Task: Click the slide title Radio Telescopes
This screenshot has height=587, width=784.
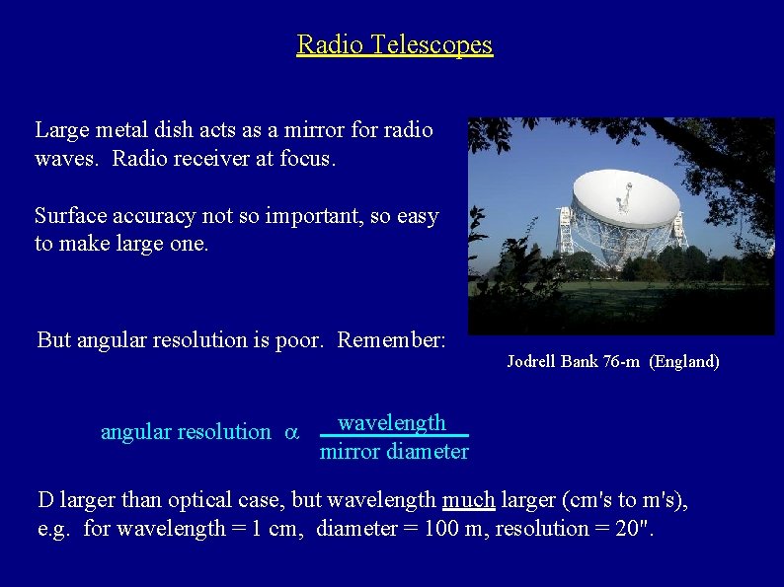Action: tap(394, 44)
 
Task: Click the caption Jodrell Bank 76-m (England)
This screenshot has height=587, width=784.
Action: tap(612, 362)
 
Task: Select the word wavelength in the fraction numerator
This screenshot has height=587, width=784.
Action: tap(392, 423)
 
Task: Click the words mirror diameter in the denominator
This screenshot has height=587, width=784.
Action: tap(394, 452)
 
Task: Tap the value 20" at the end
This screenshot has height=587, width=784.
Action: tap(634, 529)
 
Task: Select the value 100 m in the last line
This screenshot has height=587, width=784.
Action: tap(455, 529)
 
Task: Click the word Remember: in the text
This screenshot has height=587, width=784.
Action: tap(392, 340)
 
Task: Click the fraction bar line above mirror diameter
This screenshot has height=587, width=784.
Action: tap(394, 436)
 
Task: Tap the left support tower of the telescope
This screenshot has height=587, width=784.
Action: tap(565, 229)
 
